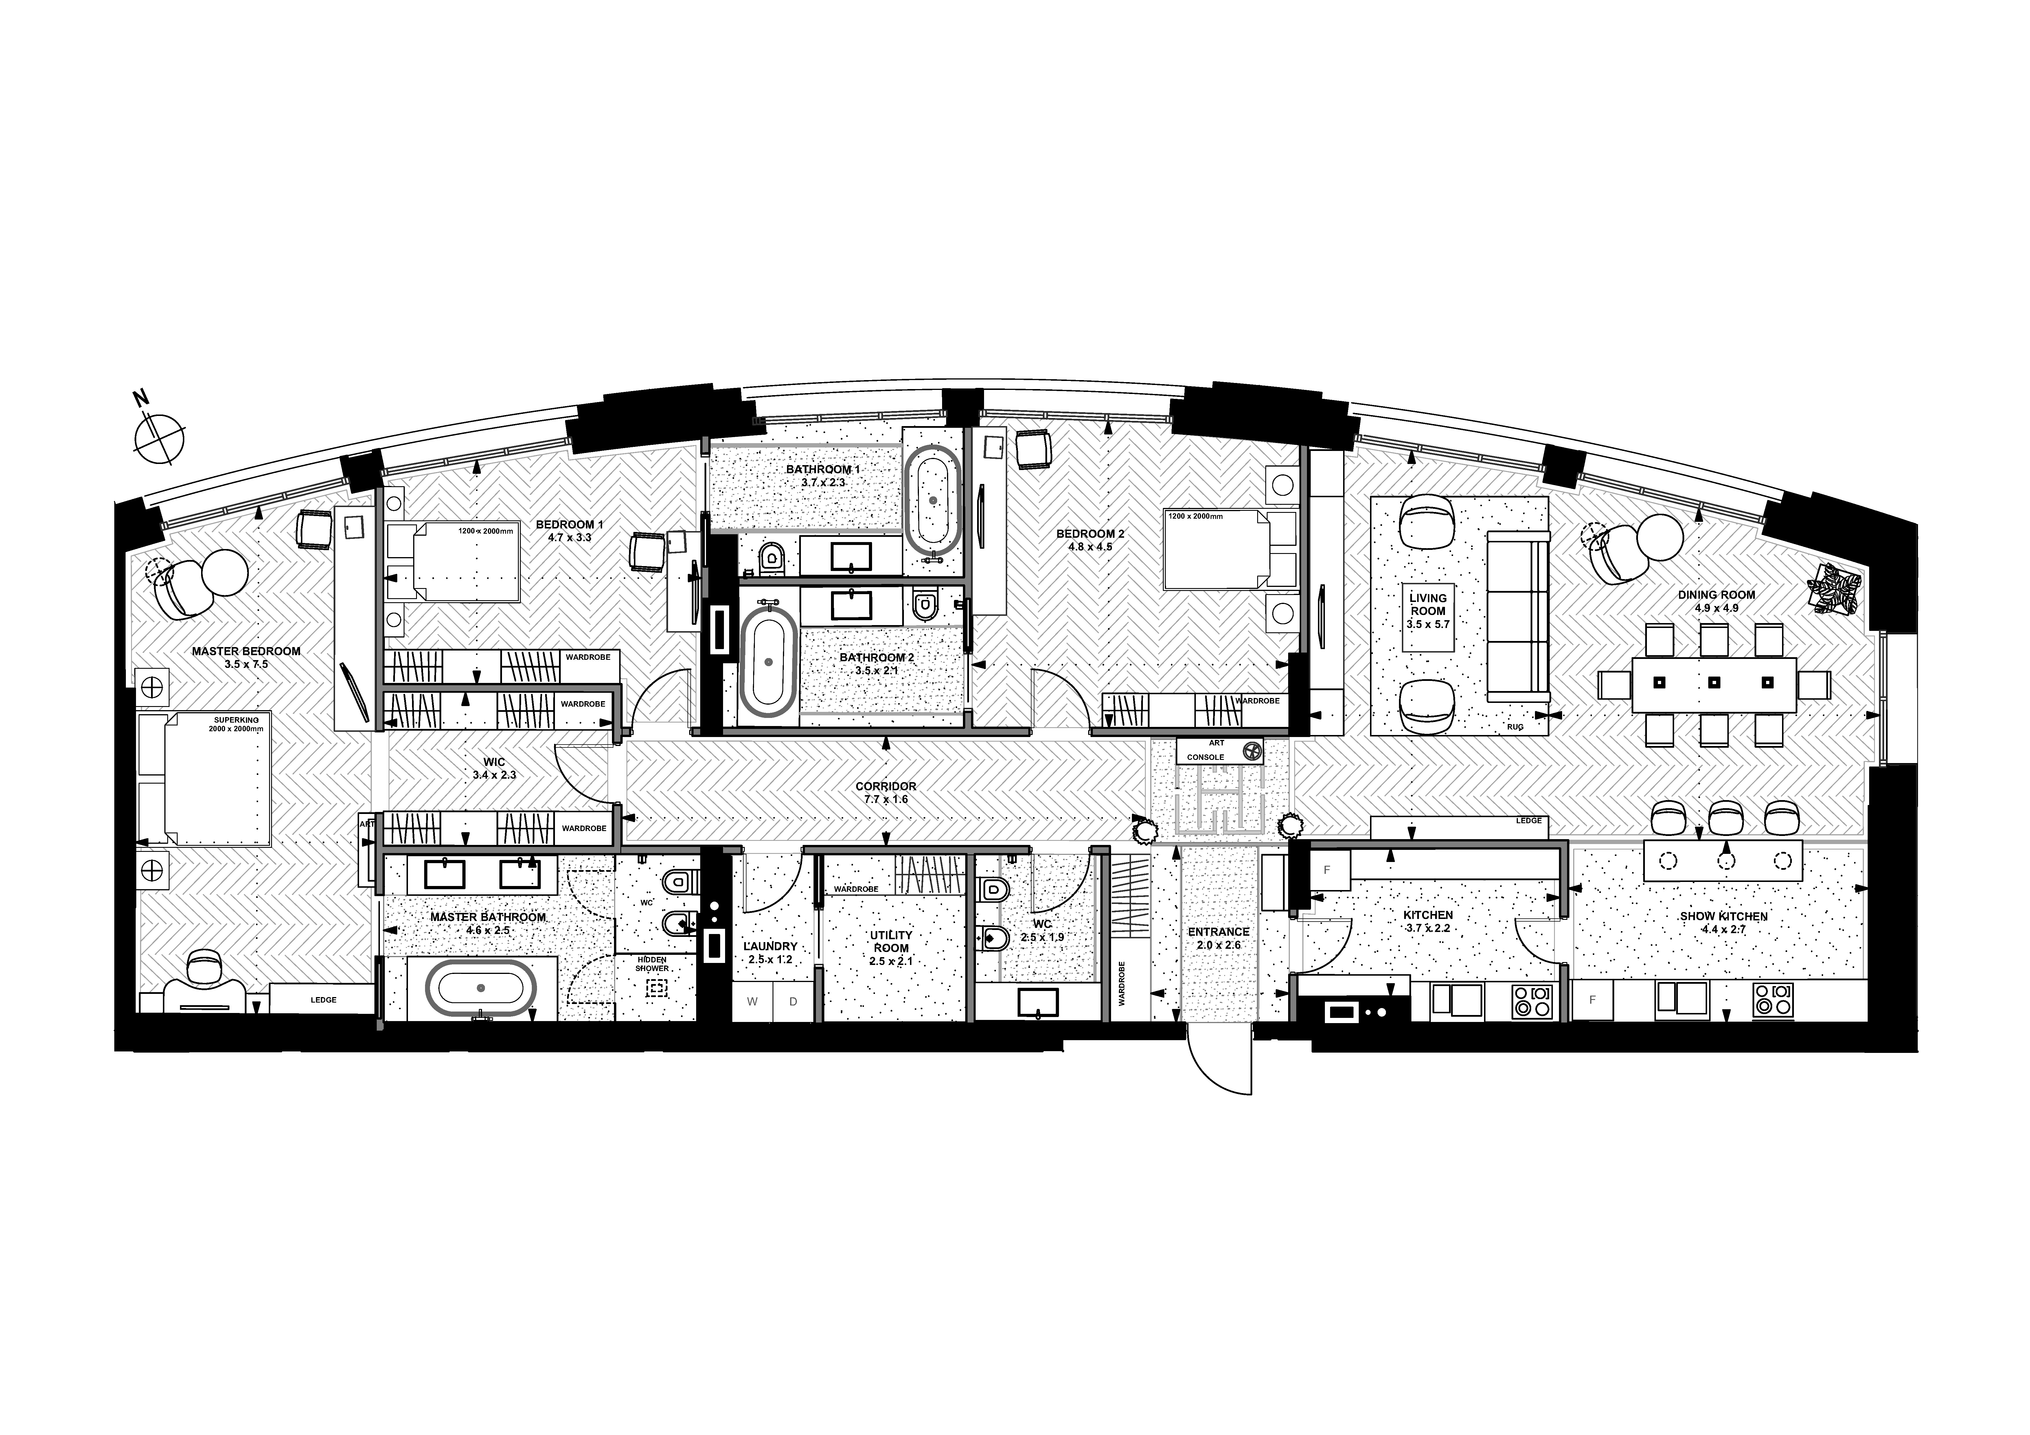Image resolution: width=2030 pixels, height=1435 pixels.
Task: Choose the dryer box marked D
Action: click(793, 1002)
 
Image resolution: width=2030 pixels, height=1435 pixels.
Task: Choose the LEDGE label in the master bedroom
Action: click(323, 1000)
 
